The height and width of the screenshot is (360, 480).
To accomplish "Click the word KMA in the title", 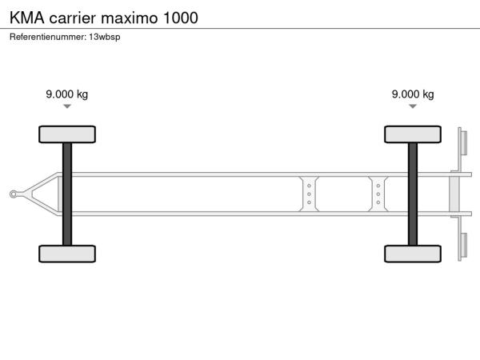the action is pos(27,18).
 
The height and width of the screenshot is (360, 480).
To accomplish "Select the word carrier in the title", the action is pos(73,18).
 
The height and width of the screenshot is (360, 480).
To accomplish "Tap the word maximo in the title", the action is pos(129,18).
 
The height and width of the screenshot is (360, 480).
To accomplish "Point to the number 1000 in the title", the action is pos(181,18).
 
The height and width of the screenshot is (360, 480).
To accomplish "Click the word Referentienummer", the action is pos(48,37).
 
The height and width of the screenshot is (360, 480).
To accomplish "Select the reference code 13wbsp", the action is pos(105,37).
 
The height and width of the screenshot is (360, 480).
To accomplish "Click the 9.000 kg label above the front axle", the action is pos(66,94).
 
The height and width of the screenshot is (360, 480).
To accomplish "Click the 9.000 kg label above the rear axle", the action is pos(413,94).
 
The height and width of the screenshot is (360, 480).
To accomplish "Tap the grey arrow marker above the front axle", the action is pos(67,106).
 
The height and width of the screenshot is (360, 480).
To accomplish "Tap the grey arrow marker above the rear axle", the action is pos(413,106).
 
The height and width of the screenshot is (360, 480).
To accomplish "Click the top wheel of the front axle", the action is pos(67,134).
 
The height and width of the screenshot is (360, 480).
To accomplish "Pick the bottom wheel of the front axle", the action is pos(67,254).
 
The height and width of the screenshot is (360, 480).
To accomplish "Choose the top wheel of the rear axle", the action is pos(413,134).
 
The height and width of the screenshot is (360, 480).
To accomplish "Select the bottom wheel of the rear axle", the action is pos(413,254).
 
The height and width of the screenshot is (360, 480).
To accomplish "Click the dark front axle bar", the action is pos(67,194).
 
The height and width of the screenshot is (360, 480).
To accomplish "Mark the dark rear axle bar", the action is pos(413,194).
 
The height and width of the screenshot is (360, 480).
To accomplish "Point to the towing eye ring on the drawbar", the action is pos(14,194).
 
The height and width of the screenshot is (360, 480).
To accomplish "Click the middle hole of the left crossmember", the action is pos(309,194).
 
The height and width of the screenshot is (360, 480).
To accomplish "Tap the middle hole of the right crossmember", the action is pos(378,194).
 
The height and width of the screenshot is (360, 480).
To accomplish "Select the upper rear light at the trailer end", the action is pos(464,143).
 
